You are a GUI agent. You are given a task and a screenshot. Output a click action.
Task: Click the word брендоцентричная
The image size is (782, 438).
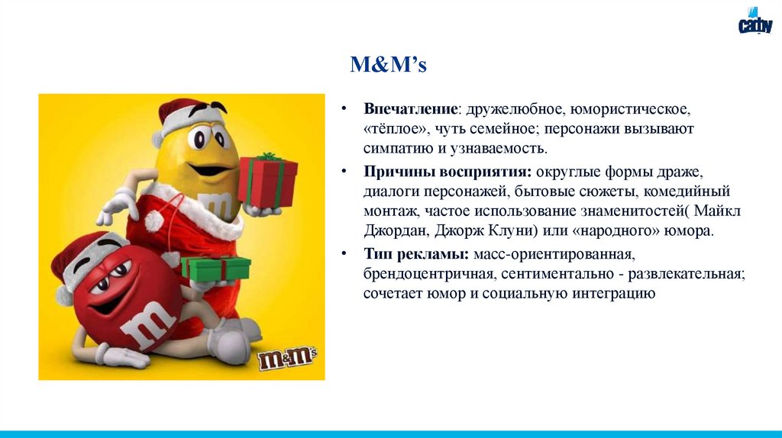pos(422,273)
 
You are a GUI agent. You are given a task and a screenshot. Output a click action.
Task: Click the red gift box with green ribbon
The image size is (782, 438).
pos(267,180)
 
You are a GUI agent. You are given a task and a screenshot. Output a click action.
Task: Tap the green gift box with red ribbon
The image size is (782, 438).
pos(216,268)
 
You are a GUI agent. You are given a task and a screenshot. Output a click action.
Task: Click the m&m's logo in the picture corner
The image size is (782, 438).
pos(288,357)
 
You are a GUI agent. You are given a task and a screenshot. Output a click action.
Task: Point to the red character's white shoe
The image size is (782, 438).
pos(226,340)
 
